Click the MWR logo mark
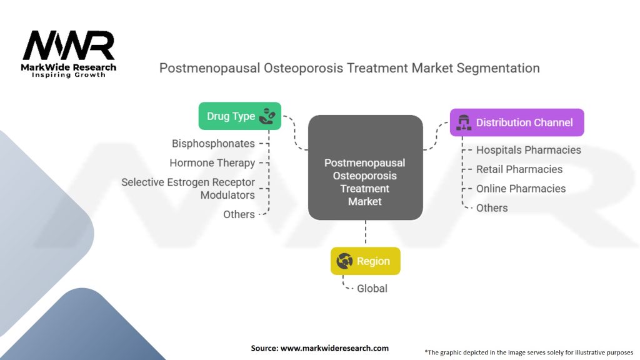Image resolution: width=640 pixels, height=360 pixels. (69, 45)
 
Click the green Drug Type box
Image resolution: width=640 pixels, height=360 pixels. (240, 116)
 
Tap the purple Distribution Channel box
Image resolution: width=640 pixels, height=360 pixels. (517, 122)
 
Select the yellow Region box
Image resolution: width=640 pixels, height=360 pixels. (365, 261)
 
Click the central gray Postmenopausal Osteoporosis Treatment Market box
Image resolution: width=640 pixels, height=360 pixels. (365, 167)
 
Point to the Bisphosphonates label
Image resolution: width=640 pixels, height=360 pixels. (213, 144)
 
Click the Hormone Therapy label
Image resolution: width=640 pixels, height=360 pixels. (212, 163)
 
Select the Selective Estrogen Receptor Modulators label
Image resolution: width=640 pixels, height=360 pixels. (188, 189)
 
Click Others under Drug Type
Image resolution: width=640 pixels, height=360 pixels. (239, 214)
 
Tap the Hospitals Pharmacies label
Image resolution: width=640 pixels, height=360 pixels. (529, 150)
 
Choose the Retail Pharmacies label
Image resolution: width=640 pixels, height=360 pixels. (519, 169)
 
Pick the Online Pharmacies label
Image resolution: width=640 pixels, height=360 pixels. (521, 189)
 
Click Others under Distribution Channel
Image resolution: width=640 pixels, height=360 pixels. (492, 207)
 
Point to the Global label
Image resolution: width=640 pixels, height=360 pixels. (372, 289)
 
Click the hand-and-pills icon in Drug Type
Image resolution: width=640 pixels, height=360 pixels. (267, 116)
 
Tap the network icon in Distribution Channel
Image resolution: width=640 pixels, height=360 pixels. (464, 122)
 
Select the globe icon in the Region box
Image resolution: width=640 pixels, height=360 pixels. (344, 261)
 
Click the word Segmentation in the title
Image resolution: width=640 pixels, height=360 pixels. (498, 68)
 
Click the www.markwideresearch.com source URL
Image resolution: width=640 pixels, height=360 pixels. (335, 348)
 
